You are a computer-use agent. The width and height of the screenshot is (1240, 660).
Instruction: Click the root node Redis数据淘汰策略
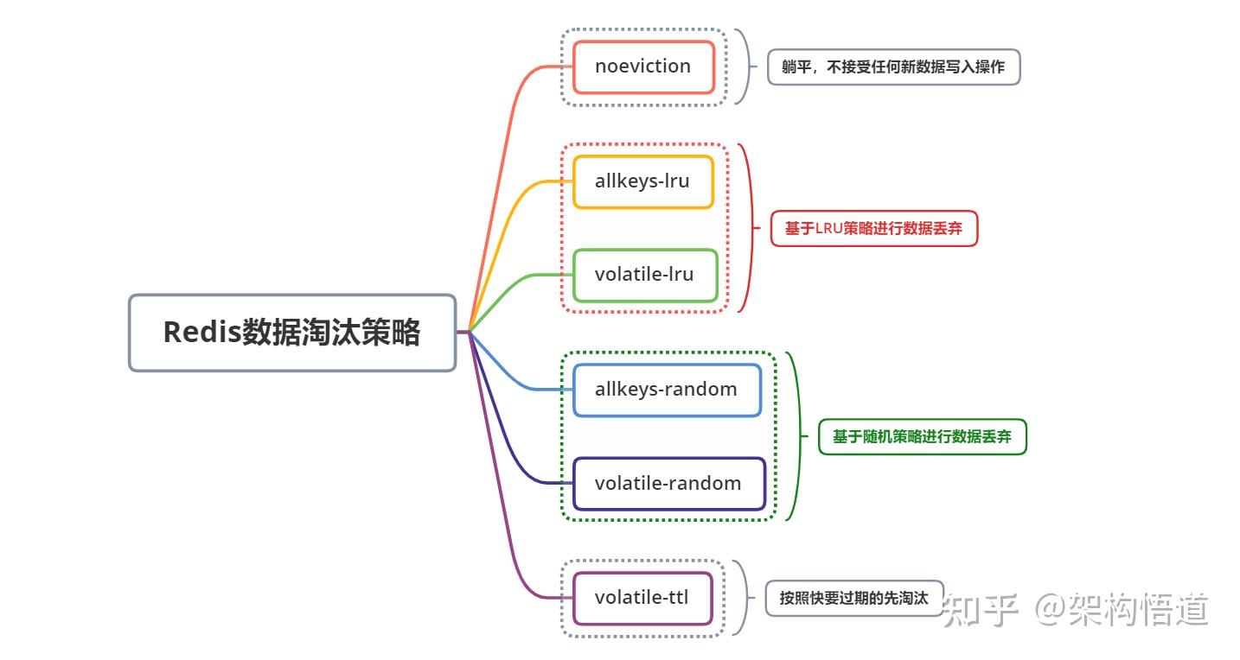pyautogui.click(x=292, y=333)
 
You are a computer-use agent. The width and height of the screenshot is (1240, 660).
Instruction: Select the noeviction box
pyautogui.click(x=643, y=67)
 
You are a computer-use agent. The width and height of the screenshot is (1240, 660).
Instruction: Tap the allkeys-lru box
pyautogui.click(x=643, y=181)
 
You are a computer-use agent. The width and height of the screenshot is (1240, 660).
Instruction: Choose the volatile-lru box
pyautogui.click(x=645, y=275)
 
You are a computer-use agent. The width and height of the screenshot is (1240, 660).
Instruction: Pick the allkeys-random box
pyautogui.click(x=667, y=390)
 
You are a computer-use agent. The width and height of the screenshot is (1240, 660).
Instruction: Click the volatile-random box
pyautogui.click(x=669, y=484)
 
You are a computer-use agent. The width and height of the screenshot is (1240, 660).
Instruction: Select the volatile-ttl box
pyautogui.click(x=642, y=598)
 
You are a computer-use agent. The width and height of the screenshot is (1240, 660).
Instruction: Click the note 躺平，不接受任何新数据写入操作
pyautogui.click(x=893, y=67)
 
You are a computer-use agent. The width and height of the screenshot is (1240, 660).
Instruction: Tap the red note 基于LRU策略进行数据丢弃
pyautogui.click(x=873, y=229)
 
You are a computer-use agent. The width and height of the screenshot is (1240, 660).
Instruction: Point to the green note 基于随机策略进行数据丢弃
pyautogui.click(x=922, y=437)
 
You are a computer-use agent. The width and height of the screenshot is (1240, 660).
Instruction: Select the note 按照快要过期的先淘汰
pyautogui.click(x=853, y=598)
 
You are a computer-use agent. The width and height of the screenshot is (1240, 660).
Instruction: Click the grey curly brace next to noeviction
pyautogui.click(x=744, y=67)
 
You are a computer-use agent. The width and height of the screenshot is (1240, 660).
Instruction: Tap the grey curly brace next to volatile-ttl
pyautogui.click(x=742, y=598)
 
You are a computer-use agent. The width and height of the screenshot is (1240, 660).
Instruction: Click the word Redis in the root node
pyautogui.click(x=201, y=333)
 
